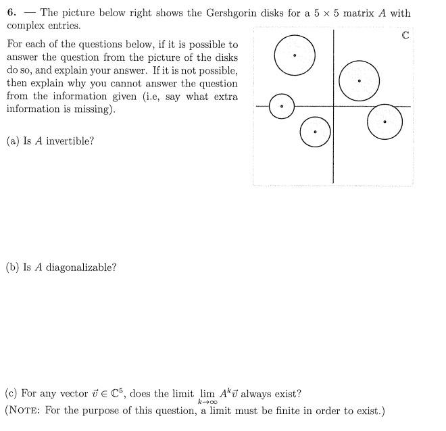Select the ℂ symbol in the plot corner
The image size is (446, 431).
[x=405, y=35]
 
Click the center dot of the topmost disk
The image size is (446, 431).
[x=295, y=55]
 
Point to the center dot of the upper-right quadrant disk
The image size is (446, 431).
[x=360, y=81]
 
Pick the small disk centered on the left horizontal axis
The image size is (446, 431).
[x=282, y=107]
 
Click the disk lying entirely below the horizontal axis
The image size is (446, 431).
[x=315, y=132]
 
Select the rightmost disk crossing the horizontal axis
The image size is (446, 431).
[x=385, y=122]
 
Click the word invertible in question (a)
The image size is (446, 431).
[x=70, y=141]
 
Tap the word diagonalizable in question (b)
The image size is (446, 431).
[x=81, y=267]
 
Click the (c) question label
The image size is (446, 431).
[x=11, y=394]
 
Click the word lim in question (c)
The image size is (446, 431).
[x=207, y=394]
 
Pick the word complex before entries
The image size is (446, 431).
[x=26, y=26]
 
